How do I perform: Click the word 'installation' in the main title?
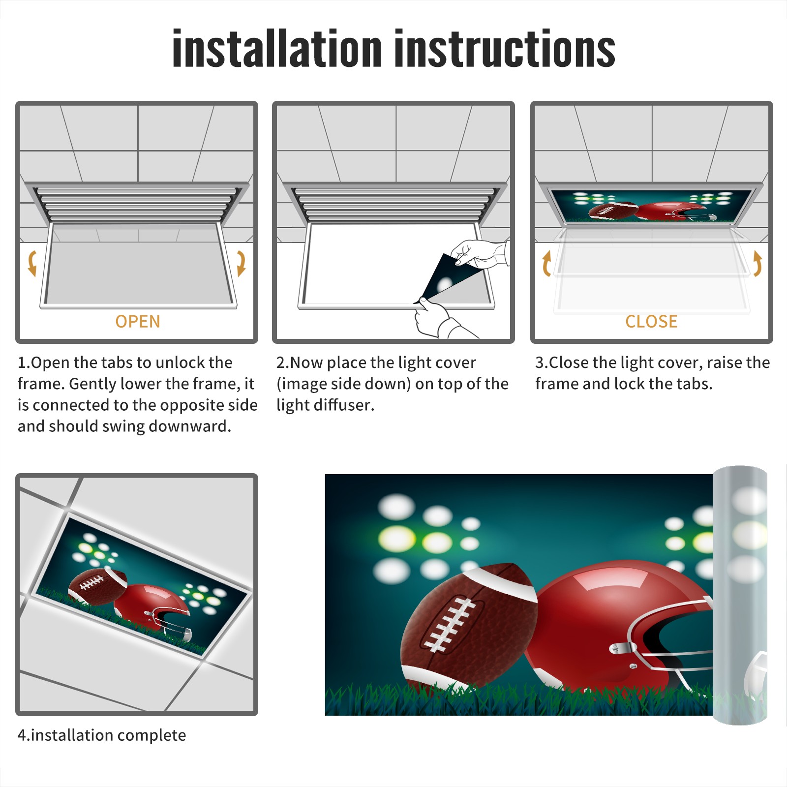(277, 48)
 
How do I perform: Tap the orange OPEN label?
(138, 321)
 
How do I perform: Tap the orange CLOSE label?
(651, 321)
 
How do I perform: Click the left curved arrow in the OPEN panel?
(31, 263)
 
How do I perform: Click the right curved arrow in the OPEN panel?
(241, 263)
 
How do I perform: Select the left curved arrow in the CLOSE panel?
(546, 263)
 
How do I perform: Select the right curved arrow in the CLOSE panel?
(757, 263)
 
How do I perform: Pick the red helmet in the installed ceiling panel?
(151, 610)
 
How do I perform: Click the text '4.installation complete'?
(102, 735)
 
